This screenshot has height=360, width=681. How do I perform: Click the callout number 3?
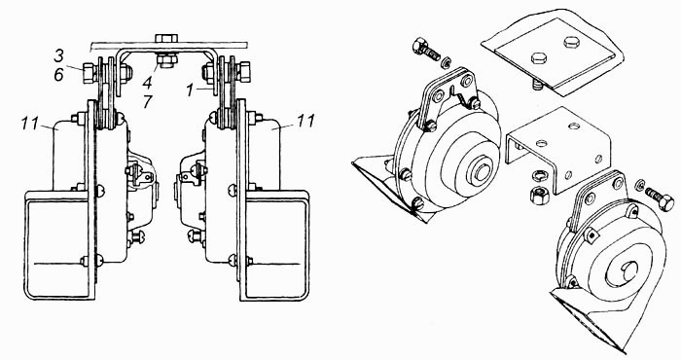[x=58, y=56]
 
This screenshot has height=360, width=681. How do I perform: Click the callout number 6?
[x=58, y=75]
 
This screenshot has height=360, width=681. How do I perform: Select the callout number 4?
[x=148, y=83]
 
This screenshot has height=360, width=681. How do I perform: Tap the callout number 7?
[x=148, y=102]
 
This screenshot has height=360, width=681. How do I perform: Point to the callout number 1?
[x=190, y=90]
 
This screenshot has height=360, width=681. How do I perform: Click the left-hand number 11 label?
[x=31, y=124]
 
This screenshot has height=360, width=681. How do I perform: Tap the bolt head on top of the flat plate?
[x=166, y=38]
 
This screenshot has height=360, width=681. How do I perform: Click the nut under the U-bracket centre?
[x=166, y=60]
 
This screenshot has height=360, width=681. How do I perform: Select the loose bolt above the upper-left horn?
[x=427, y=50]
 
